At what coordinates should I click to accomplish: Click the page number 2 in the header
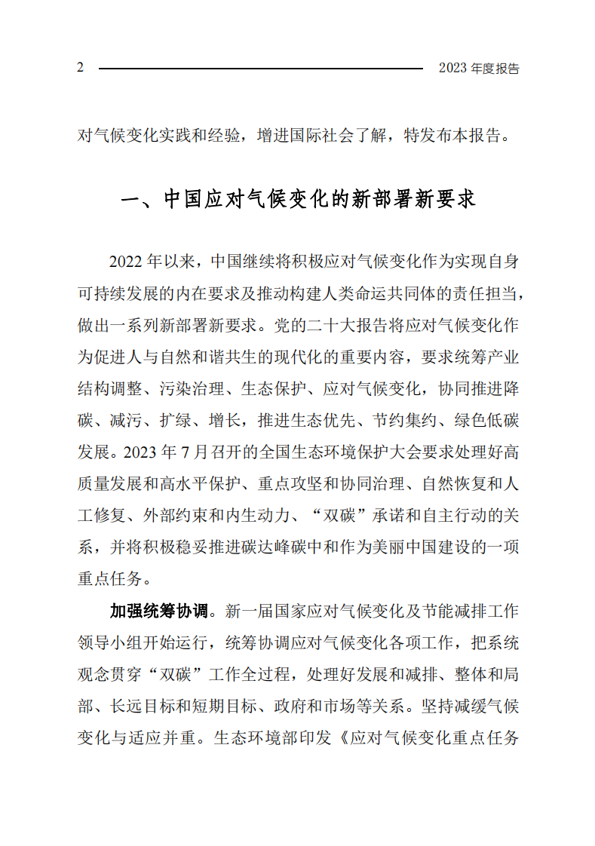point(80,68)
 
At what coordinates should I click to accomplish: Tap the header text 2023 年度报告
point(479,69)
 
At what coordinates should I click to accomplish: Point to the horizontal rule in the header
point(260,69)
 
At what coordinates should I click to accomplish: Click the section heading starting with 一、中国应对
point(298,200)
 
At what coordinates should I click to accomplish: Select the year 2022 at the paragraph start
point(126,262)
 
